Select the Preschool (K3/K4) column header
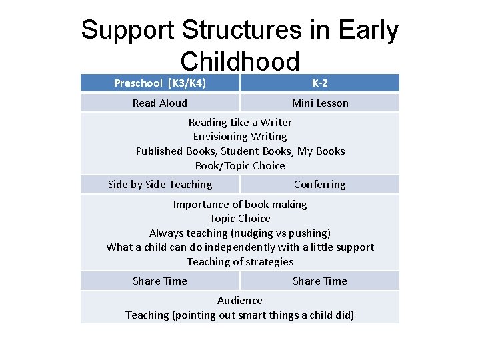click(x=160, y=83)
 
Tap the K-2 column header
click(x=320, y=83)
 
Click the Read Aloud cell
click(x=160, y=103)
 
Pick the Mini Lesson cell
click(x=320, y=103)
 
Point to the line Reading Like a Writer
click(x=240, y=122)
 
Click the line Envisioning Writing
click(x=240, y=136)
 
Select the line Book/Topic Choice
click(x=240, y=165)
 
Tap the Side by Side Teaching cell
click(x=160, y=185)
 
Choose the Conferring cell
click(x=320, y=185)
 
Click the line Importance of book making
click(x=240, y=204)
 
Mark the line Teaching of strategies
click(x=240, y=261)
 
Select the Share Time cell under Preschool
click(x=160, y=281)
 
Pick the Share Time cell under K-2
click(x=320, y=281)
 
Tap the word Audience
click(x=240, y=300)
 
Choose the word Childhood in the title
click(x=240, y=62)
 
